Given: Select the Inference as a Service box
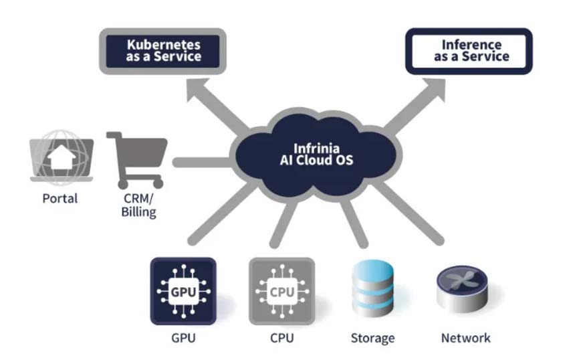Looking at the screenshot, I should coord(469,51).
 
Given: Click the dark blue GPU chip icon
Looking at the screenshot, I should coord(183,291).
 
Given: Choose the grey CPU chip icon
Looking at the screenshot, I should coord(282,291).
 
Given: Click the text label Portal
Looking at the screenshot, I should coord(60,199).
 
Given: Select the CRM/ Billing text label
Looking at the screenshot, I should coord(139,205).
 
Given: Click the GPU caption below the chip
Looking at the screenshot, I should coord(183,338).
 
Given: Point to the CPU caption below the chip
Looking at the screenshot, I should coord(282,338).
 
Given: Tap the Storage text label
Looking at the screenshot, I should coord(373,338).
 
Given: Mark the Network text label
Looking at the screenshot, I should coord(465,338).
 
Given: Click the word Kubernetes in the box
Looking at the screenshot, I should coord(164,45).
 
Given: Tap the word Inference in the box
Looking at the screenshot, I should coord(471,44).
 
